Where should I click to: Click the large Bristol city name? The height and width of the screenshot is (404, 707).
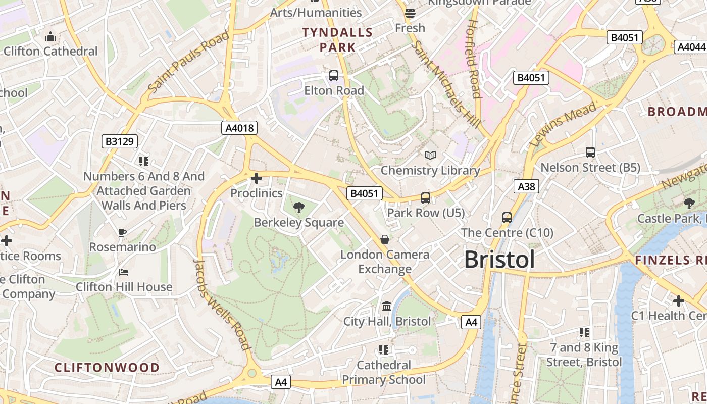499,260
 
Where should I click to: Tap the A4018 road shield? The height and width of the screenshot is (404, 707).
239,128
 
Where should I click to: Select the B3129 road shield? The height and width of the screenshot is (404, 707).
120,141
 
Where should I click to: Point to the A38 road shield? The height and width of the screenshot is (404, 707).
526,186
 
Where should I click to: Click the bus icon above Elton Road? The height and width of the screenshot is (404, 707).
333,76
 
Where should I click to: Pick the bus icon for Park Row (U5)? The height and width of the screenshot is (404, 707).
426,197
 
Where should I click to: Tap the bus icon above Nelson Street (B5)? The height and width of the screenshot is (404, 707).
590,152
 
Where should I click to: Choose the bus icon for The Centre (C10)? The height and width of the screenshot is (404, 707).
507,218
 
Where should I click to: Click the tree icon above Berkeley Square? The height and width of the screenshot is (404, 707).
298,207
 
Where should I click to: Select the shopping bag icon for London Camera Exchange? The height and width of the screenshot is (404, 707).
385,239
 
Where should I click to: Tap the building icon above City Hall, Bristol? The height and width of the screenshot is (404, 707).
387,306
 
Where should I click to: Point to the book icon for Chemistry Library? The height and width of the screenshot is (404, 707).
430,155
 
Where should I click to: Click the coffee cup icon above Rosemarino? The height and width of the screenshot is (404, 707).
122,232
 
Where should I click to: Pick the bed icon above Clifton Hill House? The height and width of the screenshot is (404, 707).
124,272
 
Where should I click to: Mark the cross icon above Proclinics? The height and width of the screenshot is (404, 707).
257,178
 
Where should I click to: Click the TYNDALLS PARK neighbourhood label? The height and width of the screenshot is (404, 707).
337,40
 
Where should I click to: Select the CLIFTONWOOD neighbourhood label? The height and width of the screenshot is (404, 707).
107,367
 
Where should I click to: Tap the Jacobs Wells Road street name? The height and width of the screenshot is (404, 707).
223,305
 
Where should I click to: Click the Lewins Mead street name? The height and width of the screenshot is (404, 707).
564,124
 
